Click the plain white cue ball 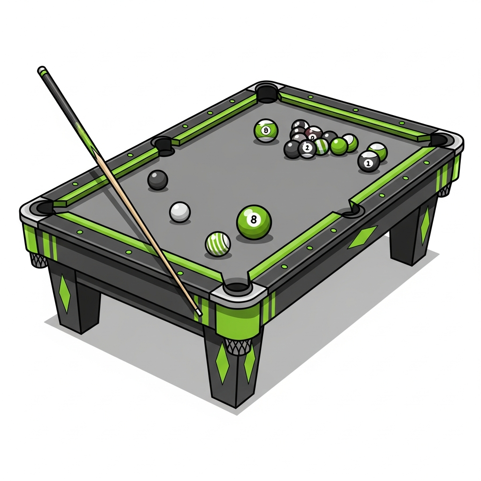click(x=180, y=212)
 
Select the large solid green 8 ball click(x=254, y=221)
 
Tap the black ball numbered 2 click(x=307, y=149)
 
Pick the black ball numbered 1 click(x=368, y=161)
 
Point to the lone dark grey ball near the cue click(x=157, y=179)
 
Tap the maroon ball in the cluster click(x=313, y=133)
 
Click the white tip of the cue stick click(x=199, y=312)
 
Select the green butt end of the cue click(x=42, y=70)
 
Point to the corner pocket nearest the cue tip click(x=237, y=287)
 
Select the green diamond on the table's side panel click(x=362, y=236)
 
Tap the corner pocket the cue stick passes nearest click(x=42, y=207)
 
